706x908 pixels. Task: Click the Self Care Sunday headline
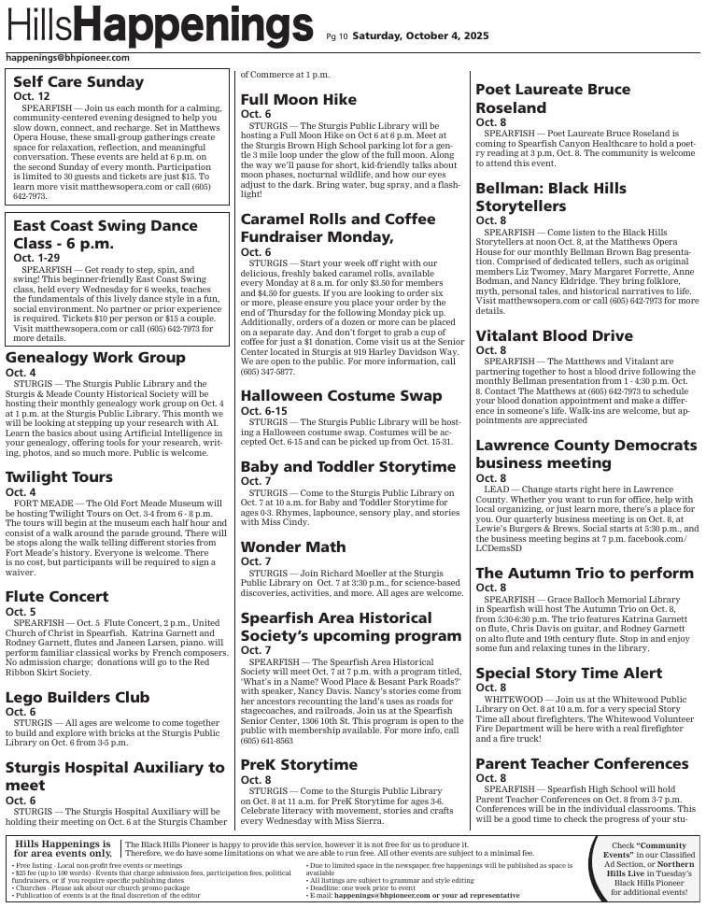click(78, 81)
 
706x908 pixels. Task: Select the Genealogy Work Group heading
click(95, 358)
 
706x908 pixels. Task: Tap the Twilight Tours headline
click(59, 477)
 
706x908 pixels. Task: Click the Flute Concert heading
click(57, 596)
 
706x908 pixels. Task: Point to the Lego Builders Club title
click(78, 697)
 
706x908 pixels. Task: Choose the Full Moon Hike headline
click(299, 99)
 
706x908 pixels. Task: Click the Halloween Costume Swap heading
click(341, 396)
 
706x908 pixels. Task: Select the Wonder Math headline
click(293, 546)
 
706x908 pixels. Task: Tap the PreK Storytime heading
click(299, 764)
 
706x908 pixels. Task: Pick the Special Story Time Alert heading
click(569, 673)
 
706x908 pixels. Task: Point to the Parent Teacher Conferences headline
click(582, 763)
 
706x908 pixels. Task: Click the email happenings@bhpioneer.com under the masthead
click(67, 58)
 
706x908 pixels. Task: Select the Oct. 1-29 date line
click(35, 257)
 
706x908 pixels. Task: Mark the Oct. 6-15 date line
click(265, 411)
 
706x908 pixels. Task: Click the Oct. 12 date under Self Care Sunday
click(32, 96)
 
